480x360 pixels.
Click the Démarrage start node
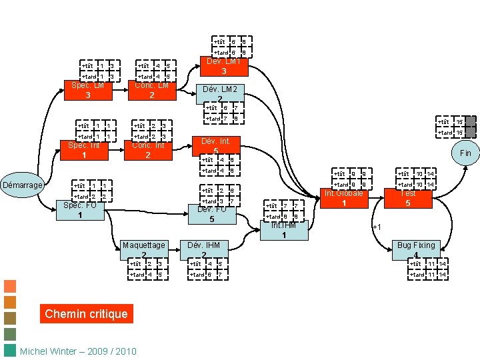pyautogui.click(x=23, y=185)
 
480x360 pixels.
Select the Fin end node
pyautogui.click(x=465, y=153)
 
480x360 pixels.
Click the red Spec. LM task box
pyautogui.click(x=88, y=90)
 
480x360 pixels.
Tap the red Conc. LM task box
pyautogui.click(x=151, y=90)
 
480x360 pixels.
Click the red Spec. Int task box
pyautogui.click(x=84, y=150)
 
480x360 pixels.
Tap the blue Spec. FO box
pyautogui.click(x=79, y=210)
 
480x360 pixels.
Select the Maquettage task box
pyautogui.click(x=144, y=249)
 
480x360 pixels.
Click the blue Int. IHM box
pyautogui.click(x=284, y=230)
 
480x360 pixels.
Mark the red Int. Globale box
pyautogui.click(x=344, y=198)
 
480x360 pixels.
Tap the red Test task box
pyautogui.click(x=408, y=198)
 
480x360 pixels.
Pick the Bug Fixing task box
pyautogui.click(x=416, y=249)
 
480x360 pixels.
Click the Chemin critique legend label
pyautogui.click(x=86, y=314)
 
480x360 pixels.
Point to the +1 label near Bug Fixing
pyautogui.click(x=376, y=227)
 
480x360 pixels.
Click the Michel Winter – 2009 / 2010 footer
pyautogui.click(x=78, y=351)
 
